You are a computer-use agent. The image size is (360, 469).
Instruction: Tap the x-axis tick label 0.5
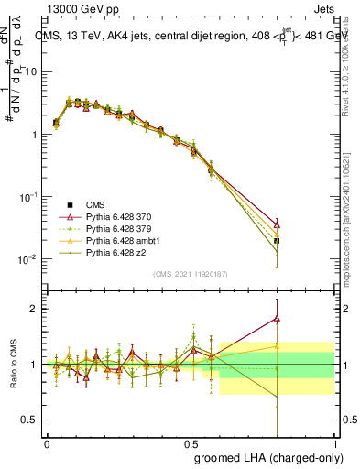point(191,443)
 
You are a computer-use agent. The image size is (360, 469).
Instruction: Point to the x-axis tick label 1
point(334,443)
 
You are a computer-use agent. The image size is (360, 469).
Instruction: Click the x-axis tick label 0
point(47,443)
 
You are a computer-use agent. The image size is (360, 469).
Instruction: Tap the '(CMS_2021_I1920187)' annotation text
point(190,274)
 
